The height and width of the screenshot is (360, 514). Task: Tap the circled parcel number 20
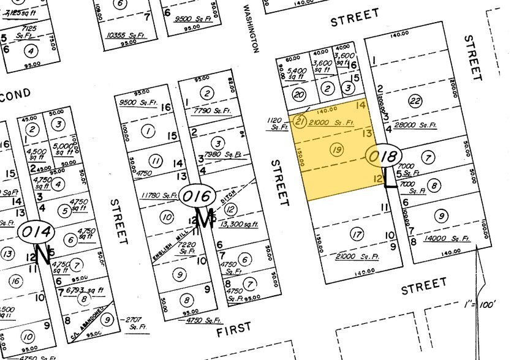pyautogui.click(x=298, y=95)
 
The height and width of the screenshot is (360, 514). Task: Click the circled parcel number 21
pyautogui.click(x=300, y=120)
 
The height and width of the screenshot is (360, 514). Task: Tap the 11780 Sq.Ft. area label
pyautogui.click(x=159, y=196)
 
